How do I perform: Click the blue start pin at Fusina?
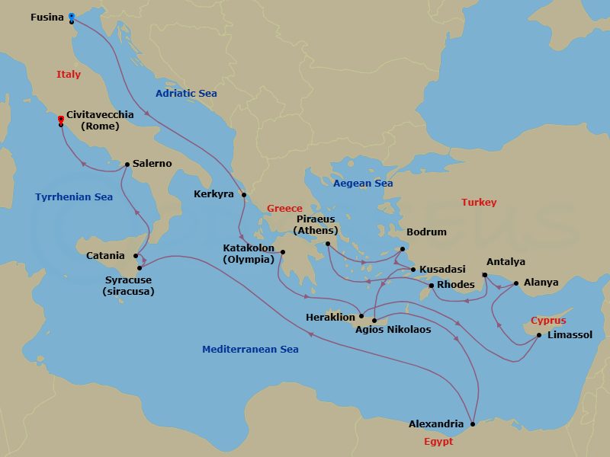coord(71,16)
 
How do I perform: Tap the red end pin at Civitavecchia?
coord(60,120)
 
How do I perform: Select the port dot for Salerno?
coord(127,164)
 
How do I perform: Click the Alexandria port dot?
coord(473,424)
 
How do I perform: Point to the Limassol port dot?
coord(539,335)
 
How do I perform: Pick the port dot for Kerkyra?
coord(244,195)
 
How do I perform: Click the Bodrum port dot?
coord(404,248)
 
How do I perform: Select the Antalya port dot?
coord(485,275)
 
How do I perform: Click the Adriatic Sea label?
coord(186,94)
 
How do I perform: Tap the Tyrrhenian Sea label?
coord(74,197)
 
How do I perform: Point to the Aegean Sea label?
coord(363,184)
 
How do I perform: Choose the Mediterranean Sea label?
coord(250,350)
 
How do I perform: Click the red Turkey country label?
coord(479,203)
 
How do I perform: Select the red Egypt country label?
coord(438,442)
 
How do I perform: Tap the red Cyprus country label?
coord(548,321)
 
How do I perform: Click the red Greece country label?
coord(284,209)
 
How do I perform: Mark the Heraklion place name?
coord(329,317)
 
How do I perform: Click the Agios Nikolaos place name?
coord(393,330)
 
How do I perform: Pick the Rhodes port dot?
coord(432,286)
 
